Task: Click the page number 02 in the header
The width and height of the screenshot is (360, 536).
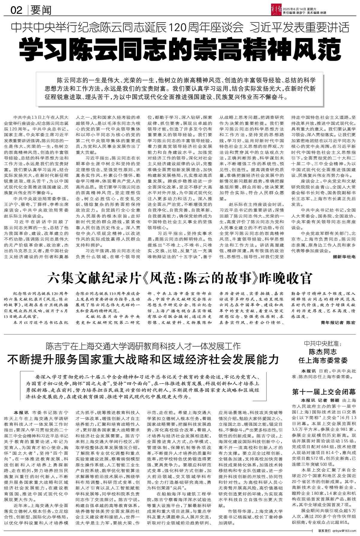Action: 17,11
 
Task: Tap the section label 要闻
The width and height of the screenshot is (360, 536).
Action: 41,11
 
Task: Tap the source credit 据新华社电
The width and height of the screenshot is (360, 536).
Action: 344,257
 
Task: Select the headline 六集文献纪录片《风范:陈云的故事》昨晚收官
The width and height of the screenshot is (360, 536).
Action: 180,278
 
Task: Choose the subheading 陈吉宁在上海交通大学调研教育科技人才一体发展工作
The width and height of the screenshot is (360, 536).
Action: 143,346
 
